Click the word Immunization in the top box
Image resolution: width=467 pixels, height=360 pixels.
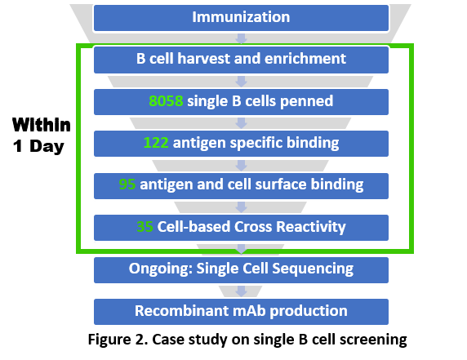(x=241, y=16)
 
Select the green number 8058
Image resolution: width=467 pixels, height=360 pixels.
(x=166, y=101)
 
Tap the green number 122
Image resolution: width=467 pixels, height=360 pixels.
(x=156, y=143)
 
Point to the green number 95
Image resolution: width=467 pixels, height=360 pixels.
(x=127, y=184)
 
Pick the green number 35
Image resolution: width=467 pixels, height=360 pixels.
(x=145, y=227)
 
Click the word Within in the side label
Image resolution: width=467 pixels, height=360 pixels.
(x=42, y=124)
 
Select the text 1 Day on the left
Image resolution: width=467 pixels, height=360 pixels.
(x=38, y=146)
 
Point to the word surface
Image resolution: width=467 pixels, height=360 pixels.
(x=281, y=184)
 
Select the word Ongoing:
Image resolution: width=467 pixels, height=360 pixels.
(x=160, y=269)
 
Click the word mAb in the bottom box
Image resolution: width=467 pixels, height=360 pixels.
(x=249, y=311)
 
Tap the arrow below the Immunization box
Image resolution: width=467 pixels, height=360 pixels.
(x=241, y=38)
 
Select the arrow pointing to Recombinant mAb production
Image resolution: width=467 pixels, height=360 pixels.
(x=241, y=291)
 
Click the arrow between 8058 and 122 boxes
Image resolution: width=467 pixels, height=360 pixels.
(x=241, y=123)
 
